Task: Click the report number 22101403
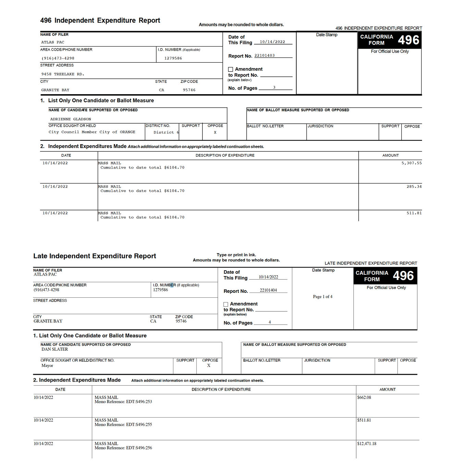pyautogui.click(x=264, y=55)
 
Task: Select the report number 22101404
pyautogui.click(x=268, y=290)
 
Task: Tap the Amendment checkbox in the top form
pyautogui.click(x=231, y=70)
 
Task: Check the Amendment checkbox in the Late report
pyautogui.click(x=226, y=304)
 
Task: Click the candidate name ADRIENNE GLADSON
pyautogui.click(x=71, y=119)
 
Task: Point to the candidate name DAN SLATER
pyautogui.click(x=55, y=349)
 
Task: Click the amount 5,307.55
pyautogui.click(x=411, y=163)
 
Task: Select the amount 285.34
pyautogui.click(x=414, y=187)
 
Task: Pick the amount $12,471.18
pyautogui.click(x=367, y=444)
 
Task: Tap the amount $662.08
pyautogui.click(x=364, y=397)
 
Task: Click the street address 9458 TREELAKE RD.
pyautogui.click(x=63, y=74)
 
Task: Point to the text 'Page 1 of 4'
pyautogui.click(x=322, y=297)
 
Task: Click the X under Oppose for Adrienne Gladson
pyautogui.click(x=215, y=132)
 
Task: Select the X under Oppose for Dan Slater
pyautogui.click(x=209, y=365)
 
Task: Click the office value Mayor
pyautogui.click(x=47, y=365)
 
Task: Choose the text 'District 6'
pyautogui.click(x=166, y=132)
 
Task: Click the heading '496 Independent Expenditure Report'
pyautogui.click(x=100, y=21)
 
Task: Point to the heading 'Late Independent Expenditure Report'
pyautogui.click(x=95, y=256)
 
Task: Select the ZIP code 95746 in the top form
pyautogui.click(x=189, y=90)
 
